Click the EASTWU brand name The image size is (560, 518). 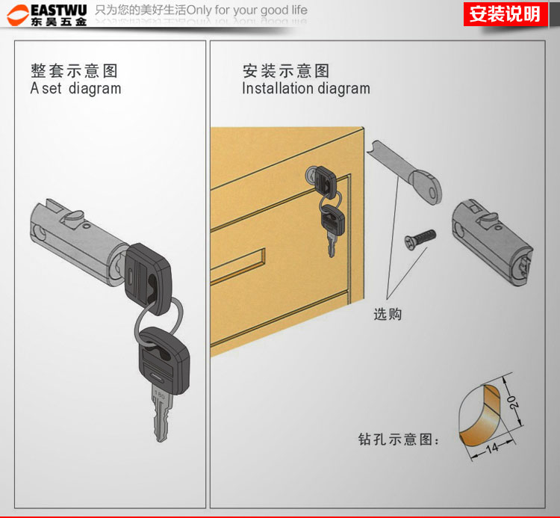[59, 10]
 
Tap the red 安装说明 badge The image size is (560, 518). [505, 14]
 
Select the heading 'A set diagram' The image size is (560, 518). [75, 88]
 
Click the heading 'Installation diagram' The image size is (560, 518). [306, 88]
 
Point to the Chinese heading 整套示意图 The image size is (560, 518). [74, 71]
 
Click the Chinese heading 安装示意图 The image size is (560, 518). [286, 71]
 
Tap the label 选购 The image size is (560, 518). [388, 314]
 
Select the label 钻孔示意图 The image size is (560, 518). [398, 440]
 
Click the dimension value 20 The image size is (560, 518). [513, 402]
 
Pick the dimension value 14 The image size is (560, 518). [492, 447]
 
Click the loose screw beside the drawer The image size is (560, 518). [420, 238]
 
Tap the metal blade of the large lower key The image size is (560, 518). [162, 413]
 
